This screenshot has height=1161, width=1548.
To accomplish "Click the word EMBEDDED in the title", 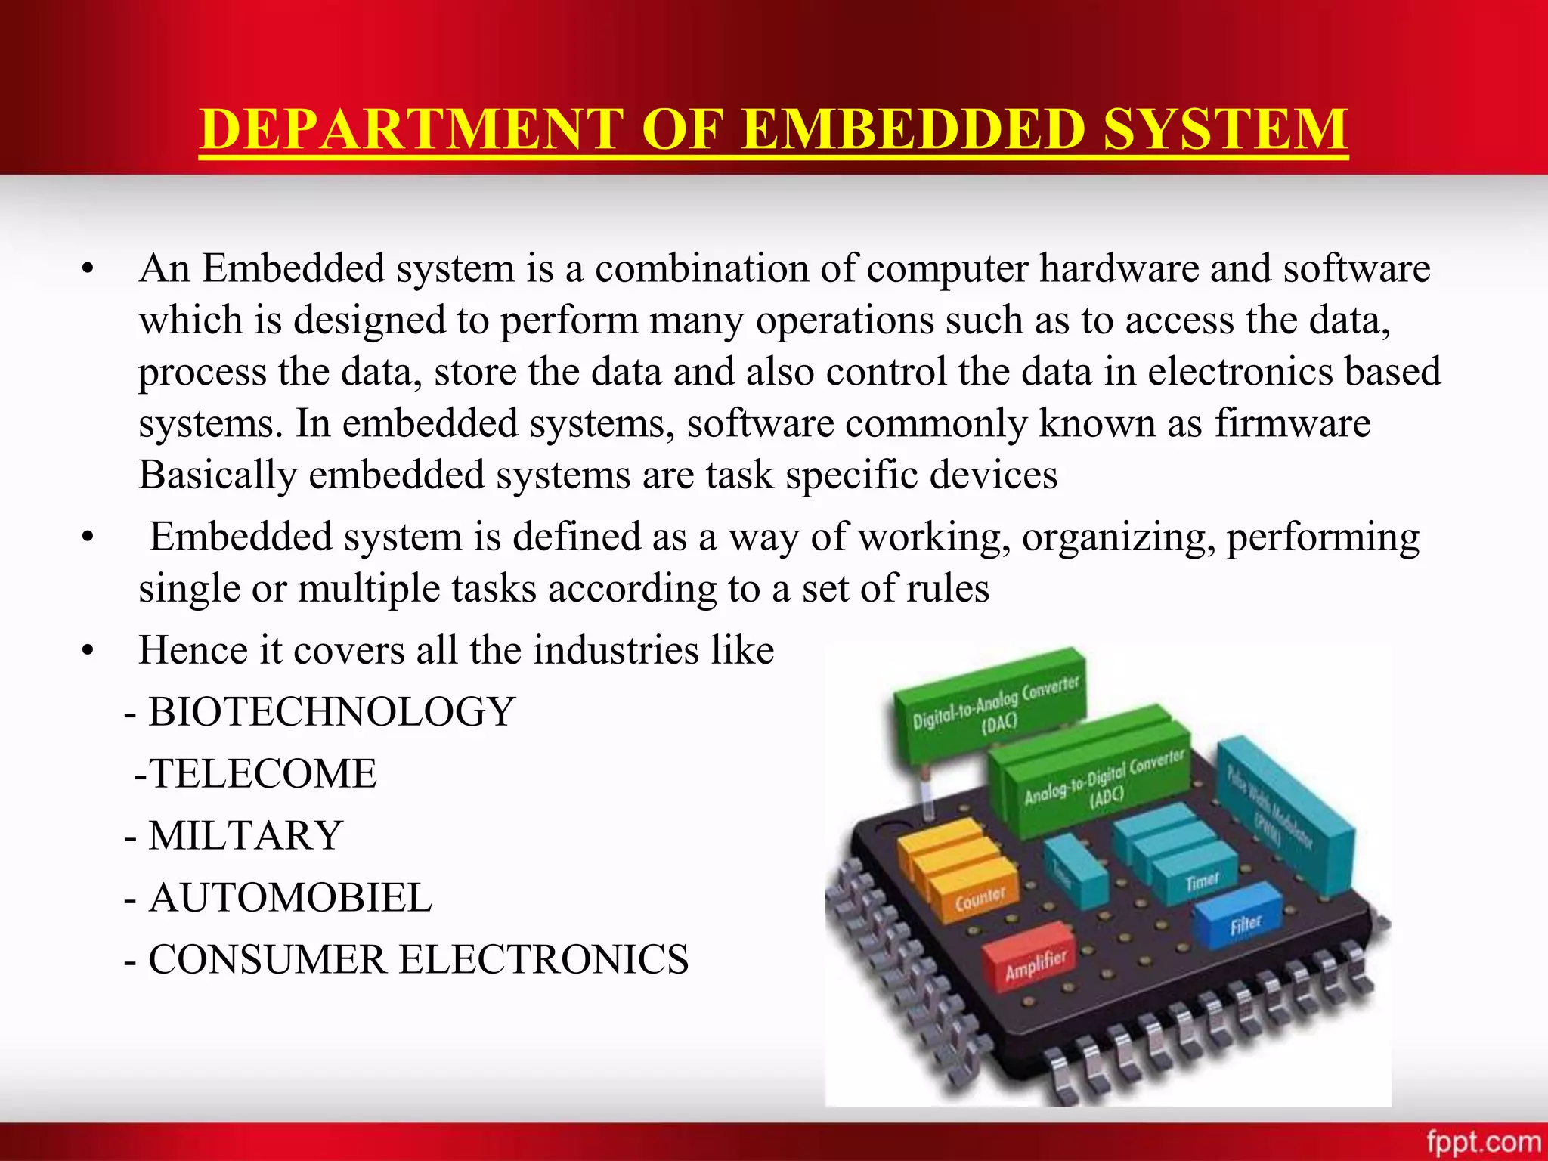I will point(914,129).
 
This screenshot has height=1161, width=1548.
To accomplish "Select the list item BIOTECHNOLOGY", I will point(332,712).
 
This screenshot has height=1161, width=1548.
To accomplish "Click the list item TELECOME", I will point(262,774).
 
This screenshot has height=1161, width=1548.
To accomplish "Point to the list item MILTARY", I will point(246,836).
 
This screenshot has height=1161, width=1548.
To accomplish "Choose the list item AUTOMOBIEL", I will point(290,898).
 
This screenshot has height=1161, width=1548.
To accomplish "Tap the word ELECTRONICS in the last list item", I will point(543,960).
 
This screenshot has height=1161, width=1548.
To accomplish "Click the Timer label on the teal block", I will point(1201,881).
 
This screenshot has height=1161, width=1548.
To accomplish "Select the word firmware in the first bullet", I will point(1293,423).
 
